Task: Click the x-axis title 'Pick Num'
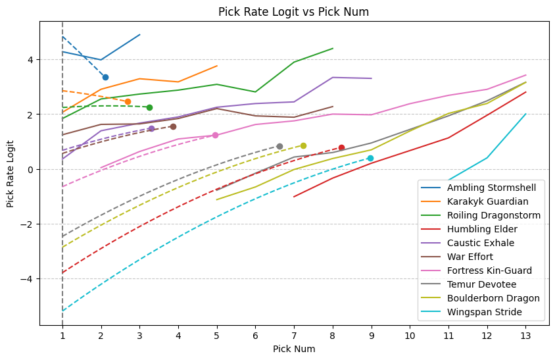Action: (x=294, y=349)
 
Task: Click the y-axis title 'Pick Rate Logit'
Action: (x=11, y=169)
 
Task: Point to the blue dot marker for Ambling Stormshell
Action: (x=105, y=78)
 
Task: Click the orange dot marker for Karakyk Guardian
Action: (x=128, y=101)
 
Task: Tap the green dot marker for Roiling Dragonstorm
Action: (x=149, y=107)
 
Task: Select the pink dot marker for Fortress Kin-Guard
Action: (x=215, y=135)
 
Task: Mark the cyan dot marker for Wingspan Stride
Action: (x=370, y=158)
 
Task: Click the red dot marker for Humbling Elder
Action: (x=341, y=147)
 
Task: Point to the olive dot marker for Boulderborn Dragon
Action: (x=303, y=146)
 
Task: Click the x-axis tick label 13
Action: (x=525, y=336)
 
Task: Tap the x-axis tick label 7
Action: (x=294, y=336)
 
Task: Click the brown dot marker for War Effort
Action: (x=173, y=126)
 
